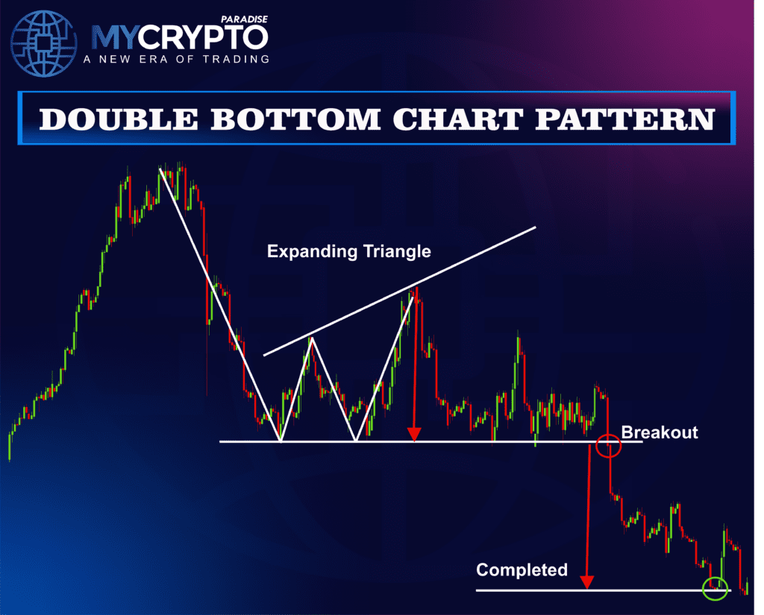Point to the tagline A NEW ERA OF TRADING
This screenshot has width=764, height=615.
(x=179, y=59)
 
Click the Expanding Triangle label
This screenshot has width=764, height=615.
(x=348, y=251)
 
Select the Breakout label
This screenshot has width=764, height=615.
(x=660, y=432)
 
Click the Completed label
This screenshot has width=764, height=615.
(x=522, y=570)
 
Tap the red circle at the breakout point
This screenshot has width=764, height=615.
(x=609, y=447)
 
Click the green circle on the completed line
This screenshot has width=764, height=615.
(x=716, y=587)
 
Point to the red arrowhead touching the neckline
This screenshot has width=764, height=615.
(x=414, y=434)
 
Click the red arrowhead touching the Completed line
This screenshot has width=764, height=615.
(x=587, y=582)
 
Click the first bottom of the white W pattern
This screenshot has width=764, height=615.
(x=280, y=441)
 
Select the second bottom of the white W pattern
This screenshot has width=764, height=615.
(x=355, y=441)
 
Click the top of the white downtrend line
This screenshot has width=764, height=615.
(x=160, y=170)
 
